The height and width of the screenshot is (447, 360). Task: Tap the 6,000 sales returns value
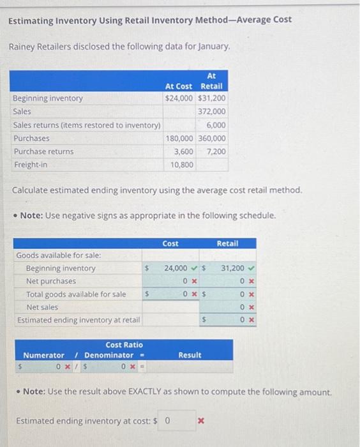tap(216, 125)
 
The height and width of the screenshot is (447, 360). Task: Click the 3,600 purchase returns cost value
tap(184, 151)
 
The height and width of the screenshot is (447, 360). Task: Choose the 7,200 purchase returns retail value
tap(216, 151)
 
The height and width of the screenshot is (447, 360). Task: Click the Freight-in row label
tap(31, 165)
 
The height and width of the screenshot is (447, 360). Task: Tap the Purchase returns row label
tap(43, 151)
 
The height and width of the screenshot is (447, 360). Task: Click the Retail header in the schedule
tap(228, 243)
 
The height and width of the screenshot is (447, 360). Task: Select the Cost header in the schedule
tap(170, 243)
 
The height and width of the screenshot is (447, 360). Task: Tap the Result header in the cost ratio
tap(190, 355)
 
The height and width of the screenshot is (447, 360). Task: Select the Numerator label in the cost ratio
tap(43, 355)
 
